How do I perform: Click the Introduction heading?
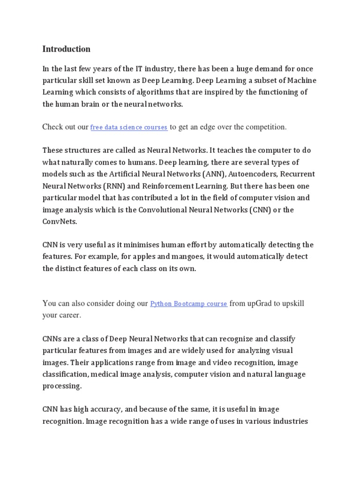[66, 49]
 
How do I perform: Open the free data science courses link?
[129, 127]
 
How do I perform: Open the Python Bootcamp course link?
[188, 304]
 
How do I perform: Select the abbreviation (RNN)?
[123, 186]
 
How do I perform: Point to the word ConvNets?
[59, 221]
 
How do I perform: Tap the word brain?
[94, 104]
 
